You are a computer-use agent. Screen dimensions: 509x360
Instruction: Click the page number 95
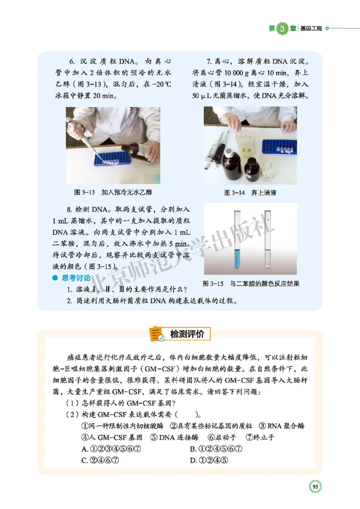click(x=315, y=487)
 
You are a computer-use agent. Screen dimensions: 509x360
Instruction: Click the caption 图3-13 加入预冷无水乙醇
click(x=113, y=192)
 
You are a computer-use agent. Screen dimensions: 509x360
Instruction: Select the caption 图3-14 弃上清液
click(x=250, y=192)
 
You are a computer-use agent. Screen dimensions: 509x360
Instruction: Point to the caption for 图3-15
click(x=251, y=284)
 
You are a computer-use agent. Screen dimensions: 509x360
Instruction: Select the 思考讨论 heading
click(x=76, y=278)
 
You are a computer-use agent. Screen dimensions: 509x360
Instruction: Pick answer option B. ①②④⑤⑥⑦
click(x=216, y=449)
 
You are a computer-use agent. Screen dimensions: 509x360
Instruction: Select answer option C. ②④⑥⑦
click(x=101, y=460)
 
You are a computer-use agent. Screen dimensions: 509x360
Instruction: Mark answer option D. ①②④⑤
click(x=210, y=460)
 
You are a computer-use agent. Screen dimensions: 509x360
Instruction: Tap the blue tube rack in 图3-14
click(x=279, y=147)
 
